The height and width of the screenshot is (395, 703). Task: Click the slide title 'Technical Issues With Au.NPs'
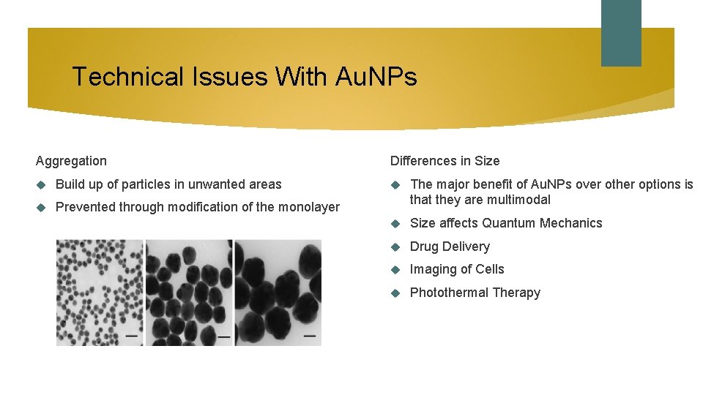click(245, 76)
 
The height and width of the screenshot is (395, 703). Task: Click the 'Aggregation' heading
click(71, 161)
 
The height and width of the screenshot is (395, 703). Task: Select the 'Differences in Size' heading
click(445, 161)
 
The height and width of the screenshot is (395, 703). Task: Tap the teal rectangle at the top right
click(620, 33)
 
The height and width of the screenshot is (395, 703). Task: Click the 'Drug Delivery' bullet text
click(450, 247)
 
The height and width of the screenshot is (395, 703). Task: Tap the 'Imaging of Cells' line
click(457, 269)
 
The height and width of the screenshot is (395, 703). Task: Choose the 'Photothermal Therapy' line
click(475, 293)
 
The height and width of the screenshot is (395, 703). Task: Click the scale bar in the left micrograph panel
click(132, 336)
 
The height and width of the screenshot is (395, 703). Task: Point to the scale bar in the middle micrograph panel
click(223, 337)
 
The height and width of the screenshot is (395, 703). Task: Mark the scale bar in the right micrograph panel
click(310, 336)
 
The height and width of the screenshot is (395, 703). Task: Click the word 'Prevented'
click(86, 207)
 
